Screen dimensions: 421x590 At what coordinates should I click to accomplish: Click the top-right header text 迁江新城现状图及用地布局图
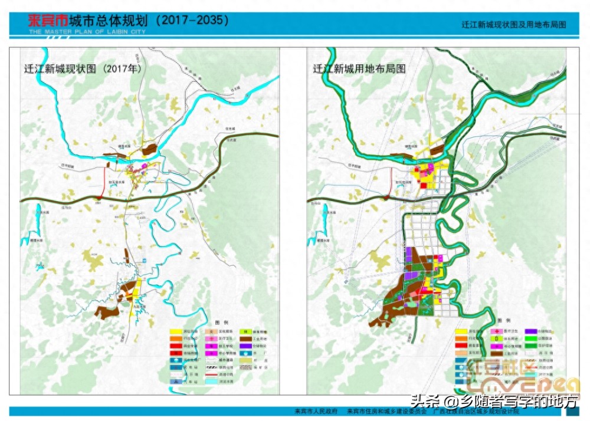tap(513, 25)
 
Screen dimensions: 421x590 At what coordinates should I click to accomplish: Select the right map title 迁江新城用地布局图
tap(359, 68)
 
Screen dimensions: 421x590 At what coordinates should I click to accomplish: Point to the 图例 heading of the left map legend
tap(221, 323)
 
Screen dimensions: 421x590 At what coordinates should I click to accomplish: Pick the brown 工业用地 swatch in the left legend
tap(245, 339)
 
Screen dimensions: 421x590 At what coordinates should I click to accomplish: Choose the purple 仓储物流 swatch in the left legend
tap(245, 347)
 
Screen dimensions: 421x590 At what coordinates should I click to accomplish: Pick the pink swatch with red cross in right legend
tap(496, 332)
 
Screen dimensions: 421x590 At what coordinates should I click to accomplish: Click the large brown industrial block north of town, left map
tap(152, 149)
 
